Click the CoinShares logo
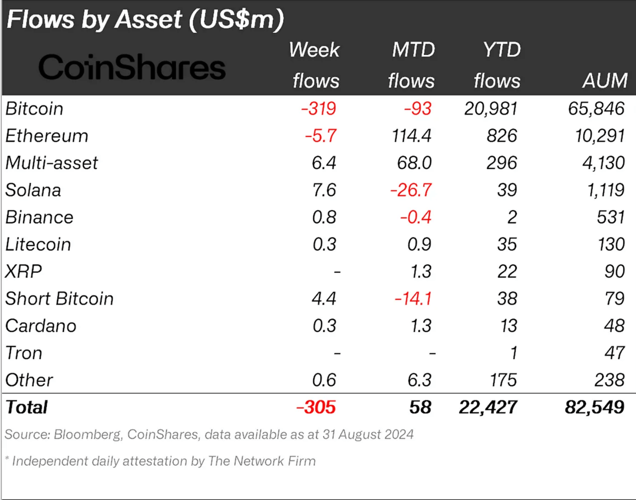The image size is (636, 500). [x=132, y=67]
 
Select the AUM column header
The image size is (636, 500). [x=605, y=80]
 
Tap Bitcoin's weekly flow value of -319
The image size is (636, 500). [x=318, y=109]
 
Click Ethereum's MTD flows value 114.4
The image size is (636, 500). [x=411, y=136]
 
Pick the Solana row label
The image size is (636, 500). [x=33, y=190]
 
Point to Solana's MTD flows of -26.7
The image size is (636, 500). [x=411, y=190]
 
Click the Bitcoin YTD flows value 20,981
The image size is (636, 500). [x=491, y=109]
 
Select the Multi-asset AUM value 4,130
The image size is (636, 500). [x=603, y=163]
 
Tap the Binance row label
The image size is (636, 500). [x=39, y=217]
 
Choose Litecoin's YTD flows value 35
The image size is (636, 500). [x=507, y=244]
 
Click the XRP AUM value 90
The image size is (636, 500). [x=614, y=272]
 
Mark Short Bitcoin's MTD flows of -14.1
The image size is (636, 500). [x=413, y=299]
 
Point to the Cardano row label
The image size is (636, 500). [x=41, y=326]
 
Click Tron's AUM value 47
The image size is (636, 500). [x=614, y=353]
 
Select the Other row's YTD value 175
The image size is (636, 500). [x=503, y=380]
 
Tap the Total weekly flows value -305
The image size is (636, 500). [x=316, y=408]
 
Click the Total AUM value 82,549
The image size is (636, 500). [x=594, y=408]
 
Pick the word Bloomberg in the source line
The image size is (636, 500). [x=87, y=435]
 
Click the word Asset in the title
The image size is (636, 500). [x=148, y=19]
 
